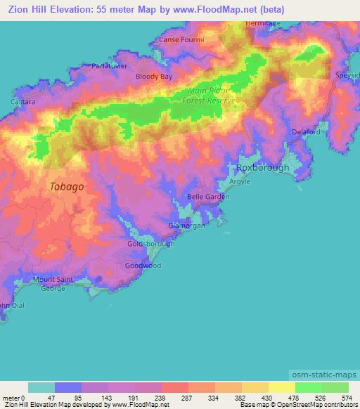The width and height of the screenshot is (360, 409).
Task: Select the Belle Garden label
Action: [208, 197]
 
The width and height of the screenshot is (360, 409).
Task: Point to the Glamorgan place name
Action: [187, 226]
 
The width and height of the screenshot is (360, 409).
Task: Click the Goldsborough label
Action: [150, 244]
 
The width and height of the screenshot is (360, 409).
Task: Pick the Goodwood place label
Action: [143, 266]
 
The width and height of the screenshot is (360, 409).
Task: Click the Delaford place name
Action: [306, 131]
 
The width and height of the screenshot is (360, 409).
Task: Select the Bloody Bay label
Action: [154, 75]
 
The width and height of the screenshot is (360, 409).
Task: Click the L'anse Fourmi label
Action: [181, 40]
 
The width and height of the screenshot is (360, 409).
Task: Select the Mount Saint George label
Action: [53, 284]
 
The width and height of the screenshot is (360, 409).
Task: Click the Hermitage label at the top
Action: [263, 23]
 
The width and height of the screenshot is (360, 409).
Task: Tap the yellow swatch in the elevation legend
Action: [281, 387]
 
